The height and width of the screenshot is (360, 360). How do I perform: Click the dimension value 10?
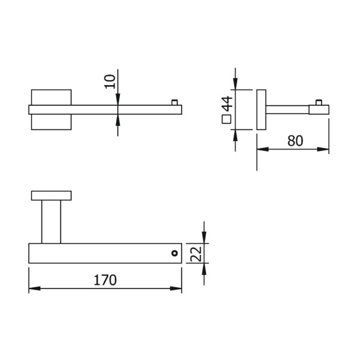110,81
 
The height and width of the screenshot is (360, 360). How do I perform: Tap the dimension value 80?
295,141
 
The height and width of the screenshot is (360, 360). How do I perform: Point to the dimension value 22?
197,254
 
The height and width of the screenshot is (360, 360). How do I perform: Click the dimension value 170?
105,280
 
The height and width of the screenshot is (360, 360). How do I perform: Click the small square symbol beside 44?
227,119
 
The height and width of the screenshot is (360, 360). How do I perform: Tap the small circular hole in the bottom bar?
174,253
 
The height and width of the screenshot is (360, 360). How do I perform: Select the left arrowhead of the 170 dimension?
35,288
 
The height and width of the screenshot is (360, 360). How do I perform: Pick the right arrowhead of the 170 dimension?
176,288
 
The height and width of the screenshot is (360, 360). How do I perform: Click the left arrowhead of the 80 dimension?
263,149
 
